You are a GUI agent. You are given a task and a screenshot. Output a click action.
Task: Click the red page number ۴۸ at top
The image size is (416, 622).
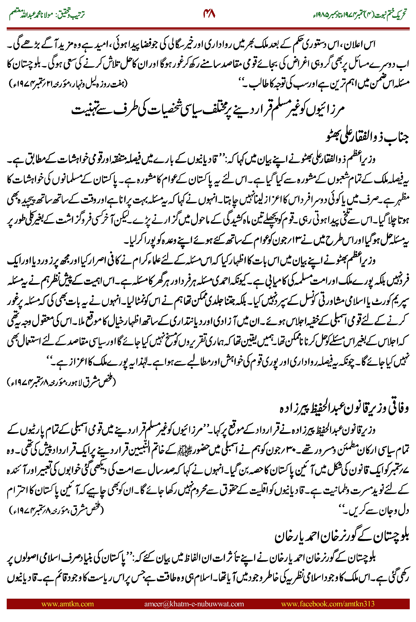[x=209, y=14]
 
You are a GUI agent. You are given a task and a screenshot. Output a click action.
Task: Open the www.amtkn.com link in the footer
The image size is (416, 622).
[x=68, y=604]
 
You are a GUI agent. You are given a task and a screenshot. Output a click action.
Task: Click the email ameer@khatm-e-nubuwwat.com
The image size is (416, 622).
[x=194, y=604]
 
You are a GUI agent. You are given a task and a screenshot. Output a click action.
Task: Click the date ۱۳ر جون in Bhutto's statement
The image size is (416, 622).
[x=245, y=241]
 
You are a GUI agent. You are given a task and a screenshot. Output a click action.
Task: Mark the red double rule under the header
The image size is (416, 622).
[x=208, y=28]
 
